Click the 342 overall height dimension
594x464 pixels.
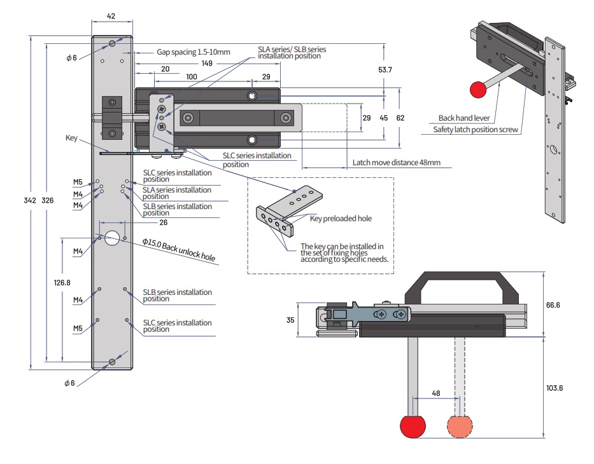coord(30,200)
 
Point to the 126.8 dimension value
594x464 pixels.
coord(62,282)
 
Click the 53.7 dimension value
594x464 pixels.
coord(385,69)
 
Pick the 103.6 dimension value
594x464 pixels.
coord(554,388)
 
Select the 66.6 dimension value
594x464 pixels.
coord(554,306)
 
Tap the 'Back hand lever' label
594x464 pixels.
coord(463,118)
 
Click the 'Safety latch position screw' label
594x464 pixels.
coord(476,130)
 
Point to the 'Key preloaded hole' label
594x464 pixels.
coord(341,218)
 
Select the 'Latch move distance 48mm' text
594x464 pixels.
coord(396,163)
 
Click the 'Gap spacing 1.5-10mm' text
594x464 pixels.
coord(193,52)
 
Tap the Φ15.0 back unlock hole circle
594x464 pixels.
coord(113,238)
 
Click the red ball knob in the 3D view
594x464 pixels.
coord(477,90)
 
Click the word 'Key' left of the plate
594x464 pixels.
coord(71,137)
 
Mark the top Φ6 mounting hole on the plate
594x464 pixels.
coord(112,43)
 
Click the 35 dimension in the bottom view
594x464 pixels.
coord(290,320)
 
